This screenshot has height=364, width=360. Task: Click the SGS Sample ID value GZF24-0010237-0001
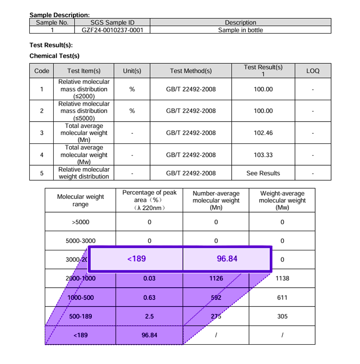(x=112, y=30)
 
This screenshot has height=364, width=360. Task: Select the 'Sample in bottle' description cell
(x=240, y=30)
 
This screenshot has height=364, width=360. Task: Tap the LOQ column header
(x=313, y=71)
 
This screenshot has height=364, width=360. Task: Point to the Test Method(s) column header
(x=191, y=71)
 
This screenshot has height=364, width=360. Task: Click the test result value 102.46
(x=263, y=133)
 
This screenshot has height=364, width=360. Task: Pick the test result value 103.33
(x=263, y=155)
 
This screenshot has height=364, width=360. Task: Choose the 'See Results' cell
(x=263, y=173)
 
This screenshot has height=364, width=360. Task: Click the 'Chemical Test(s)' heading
(x=54, y=56)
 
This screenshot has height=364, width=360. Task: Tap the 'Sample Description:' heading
(x=60, y=15)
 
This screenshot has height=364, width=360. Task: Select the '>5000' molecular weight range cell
(x=80, y=222)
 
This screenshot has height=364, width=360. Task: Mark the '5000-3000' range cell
(x=80, y=241)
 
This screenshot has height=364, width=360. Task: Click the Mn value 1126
(x=216, y=278)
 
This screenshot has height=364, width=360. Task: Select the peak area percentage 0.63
(x=149, y=297)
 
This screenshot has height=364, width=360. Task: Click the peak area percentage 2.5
(x=149, y=317)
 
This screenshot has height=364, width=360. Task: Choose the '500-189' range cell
(x=80, y=317)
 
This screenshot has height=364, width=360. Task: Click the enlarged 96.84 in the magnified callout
(x=227, y=259)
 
